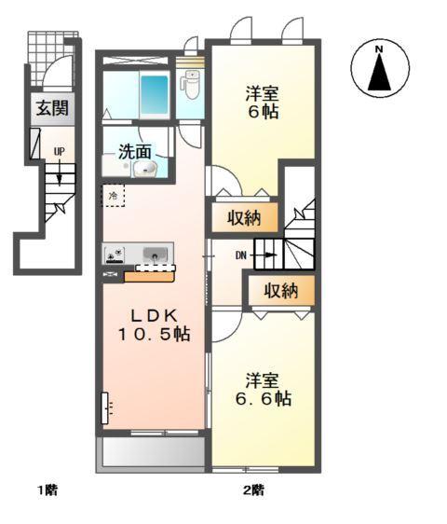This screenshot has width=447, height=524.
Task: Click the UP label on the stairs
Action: tap(59, 151)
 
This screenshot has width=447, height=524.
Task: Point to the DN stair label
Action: tap(240, 253)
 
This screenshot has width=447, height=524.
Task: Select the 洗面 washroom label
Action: tap(135, 149)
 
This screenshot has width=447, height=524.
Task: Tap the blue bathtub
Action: tap(154, 94)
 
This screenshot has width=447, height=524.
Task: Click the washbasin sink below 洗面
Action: tap(144, 169)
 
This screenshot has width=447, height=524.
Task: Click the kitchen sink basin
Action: tap(155, 254)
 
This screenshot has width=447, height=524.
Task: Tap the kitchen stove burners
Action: tap(116, 254)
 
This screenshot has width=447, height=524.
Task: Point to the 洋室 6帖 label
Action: tap(263, 103)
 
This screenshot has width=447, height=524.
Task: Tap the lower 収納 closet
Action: tap(279, 291)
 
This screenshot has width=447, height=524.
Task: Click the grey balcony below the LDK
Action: tap(150, 453)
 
